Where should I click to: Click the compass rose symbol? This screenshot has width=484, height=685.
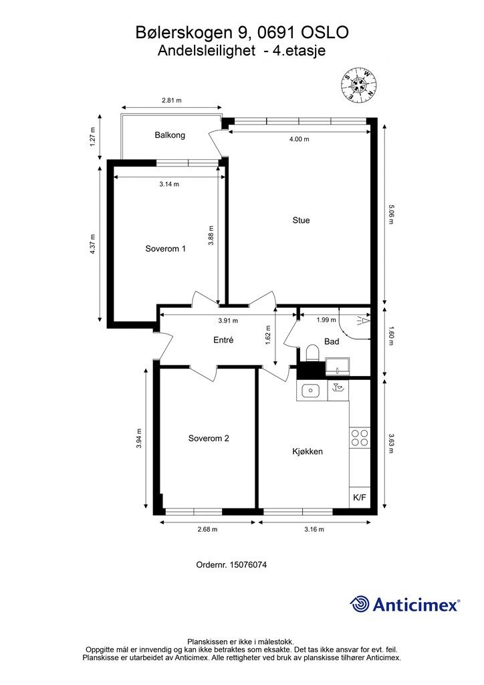pos(359,85)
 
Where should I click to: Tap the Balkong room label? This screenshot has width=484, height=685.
pos(170,135)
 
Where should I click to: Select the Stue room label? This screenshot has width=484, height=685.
pos(301,220)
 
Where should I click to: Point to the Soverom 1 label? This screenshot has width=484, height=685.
pos(165,249)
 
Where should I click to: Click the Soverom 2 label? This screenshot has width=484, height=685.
pos(209,438)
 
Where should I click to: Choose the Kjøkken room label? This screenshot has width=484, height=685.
pos(308,452)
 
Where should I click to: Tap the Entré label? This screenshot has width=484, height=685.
pos(223,340)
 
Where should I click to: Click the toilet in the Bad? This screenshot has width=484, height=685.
pos(312,353)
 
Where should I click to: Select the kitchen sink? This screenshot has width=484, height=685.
pos(311,390)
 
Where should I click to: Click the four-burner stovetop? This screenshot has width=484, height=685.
pos(360,437)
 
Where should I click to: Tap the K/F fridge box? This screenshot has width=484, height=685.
pos(360,497)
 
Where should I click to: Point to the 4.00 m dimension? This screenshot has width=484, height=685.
pos(299,139)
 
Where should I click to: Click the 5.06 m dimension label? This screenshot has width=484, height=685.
pos(391,214)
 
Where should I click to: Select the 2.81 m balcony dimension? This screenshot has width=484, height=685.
pos(172,100)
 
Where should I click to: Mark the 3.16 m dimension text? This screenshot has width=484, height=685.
pos(314,530)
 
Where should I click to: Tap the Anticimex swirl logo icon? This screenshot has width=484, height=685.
pos(360,604)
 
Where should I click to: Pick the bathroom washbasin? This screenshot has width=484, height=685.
pos(338,366)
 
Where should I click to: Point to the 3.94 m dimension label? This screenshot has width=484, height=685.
pos(139,437)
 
